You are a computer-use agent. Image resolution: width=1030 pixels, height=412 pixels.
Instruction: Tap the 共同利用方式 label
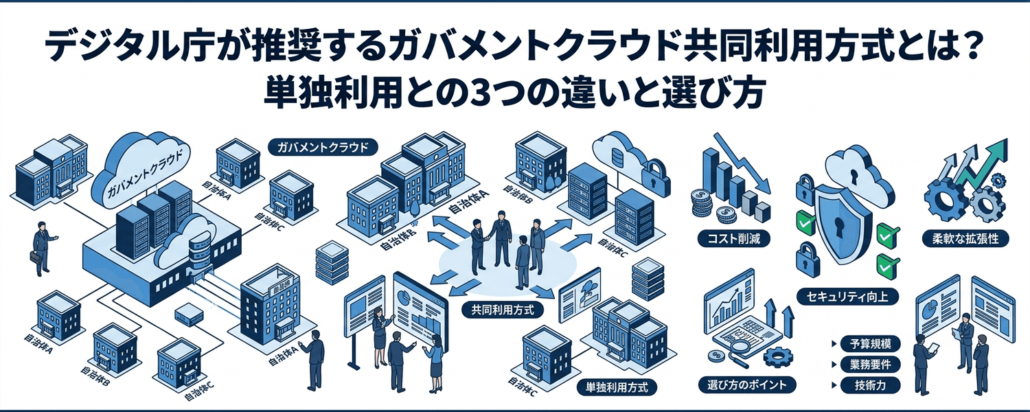click(499, 310)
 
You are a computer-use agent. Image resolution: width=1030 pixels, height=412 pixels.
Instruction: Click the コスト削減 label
click(733, 239)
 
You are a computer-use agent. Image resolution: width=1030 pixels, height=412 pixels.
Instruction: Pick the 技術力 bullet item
click(870, 385)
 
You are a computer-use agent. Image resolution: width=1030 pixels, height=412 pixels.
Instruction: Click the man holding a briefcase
click(41, 247)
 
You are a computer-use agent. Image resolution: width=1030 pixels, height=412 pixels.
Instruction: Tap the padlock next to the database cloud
click(654, 172)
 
